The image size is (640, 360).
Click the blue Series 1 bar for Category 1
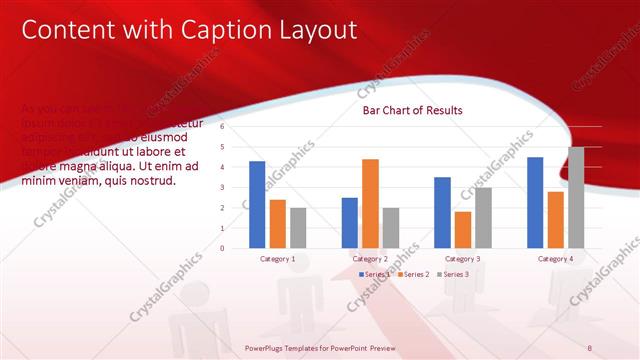point(257,205)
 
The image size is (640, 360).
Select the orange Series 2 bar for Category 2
point(370,204)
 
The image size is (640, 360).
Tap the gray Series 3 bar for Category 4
point(576,198)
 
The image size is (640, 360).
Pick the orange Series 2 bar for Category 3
point(462,230)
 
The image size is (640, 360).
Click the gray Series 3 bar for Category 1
point(298,228)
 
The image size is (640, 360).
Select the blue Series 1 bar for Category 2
point(350,223)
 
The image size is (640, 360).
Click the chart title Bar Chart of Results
point(412,110)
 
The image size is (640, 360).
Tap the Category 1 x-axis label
point(278,259)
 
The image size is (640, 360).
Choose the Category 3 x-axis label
point(463,259)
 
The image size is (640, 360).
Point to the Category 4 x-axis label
point(555,259)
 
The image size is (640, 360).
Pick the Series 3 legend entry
point(455,274)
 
